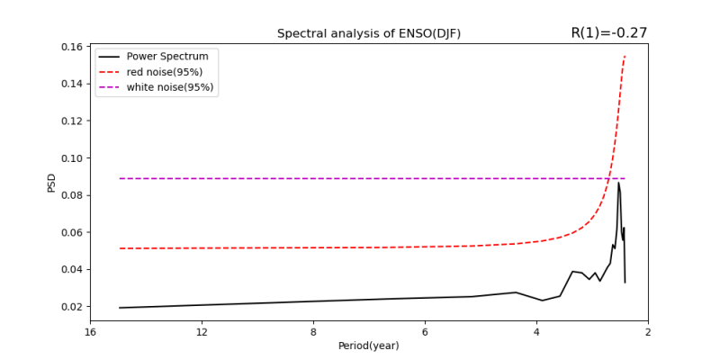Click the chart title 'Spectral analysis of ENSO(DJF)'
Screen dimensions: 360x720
coord(369,34)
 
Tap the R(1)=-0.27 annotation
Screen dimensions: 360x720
coord(608,33)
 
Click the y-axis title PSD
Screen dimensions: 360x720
coord(51,183)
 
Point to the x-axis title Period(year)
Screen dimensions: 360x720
coord(369,346)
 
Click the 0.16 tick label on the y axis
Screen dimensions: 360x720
coord(72,47)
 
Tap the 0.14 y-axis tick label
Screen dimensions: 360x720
coord(72,84)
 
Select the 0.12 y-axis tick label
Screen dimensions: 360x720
coord(72,121)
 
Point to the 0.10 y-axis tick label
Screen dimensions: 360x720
coord(72,158)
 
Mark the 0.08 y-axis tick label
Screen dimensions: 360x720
coord(72,195)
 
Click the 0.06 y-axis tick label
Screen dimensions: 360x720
coord(72,232)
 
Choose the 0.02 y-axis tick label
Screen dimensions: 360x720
coord(72,307)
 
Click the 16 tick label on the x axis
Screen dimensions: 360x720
coord(90,331)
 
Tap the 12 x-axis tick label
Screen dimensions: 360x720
coord(202,331)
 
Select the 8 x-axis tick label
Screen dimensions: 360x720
coord(313,331)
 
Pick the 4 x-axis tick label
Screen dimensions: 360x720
coord(536,331)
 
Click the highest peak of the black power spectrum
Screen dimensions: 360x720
coord(618,183)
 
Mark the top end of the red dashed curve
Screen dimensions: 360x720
coord(625,56)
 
